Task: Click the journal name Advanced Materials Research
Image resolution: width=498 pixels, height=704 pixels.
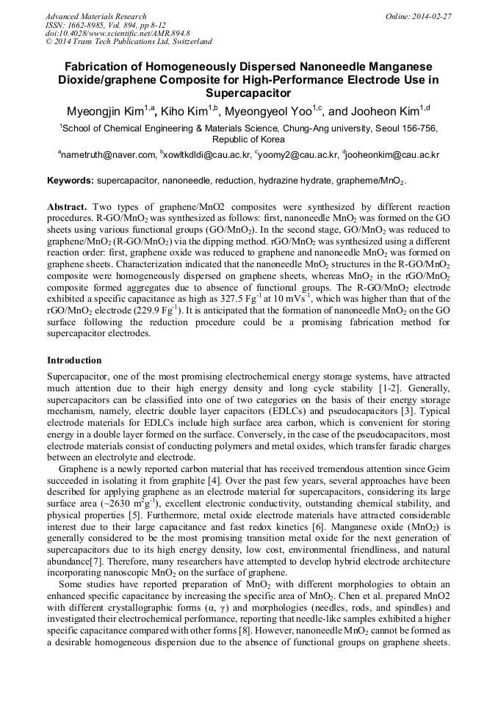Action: [x=95, y=16]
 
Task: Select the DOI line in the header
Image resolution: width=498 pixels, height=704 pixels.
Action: [x=118, y=33]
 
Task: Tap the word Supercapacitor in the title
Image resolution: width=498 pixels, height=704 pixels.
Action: [x=248, y=93]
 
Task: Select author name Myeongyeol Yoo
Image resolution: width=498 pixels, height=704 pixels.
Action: [x=270, y=112]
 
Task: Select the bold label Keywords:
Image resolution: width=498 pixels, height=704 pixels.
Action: [x=71, y=181]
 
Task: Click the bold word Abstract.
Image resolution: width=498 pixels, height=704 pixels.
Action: [x=68, y=208]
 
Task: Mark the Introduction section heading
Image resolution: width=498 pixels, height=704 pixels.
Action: [x=74, y=360]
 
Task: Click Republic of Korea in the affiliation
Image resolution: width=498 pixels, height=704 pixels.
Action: [x=248, y=139]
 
